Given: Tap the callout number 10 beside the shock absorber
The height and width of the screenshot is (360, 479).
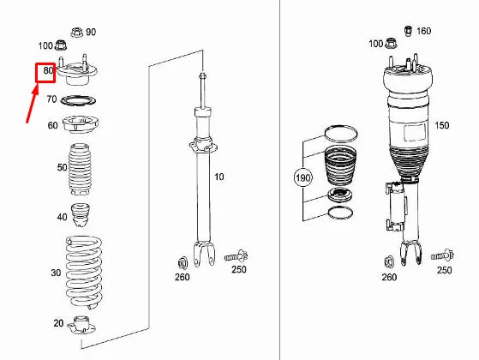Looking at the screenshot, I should (x=219, y=177).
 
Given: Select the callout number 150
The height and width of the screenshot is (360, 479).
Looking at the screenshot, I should (x=441, y=125).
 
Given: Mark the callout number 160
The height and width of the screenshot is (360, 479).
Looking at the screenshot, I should (x=423, y=32).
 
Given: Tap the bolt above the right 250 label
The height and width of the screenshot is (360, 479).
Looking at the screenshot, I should (x=442, y=255).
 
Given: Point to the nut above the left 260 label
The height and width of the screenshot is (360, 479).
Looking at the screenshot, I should (x=183, y=261).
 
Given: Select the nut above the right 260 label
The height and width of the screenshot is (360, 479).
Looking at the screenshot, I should (x=388, y=261).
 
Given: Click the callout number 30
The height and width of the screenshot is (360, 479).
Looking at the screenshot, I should (x=56, y=273).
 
